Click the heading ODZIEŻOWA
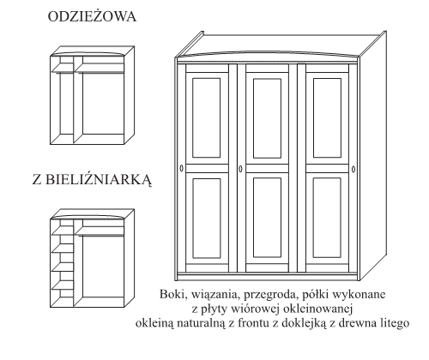tap(92, 16)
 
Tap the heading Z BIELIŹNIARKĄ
tap(92, 180)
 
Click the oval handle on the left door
tap(181, 169)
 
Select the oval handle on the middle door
tap(240, 169)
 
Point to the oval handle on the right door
tap(353, 169)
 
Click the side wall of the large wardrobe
tap(373, 156)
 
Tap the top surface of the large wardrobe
tap(281, 45)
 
